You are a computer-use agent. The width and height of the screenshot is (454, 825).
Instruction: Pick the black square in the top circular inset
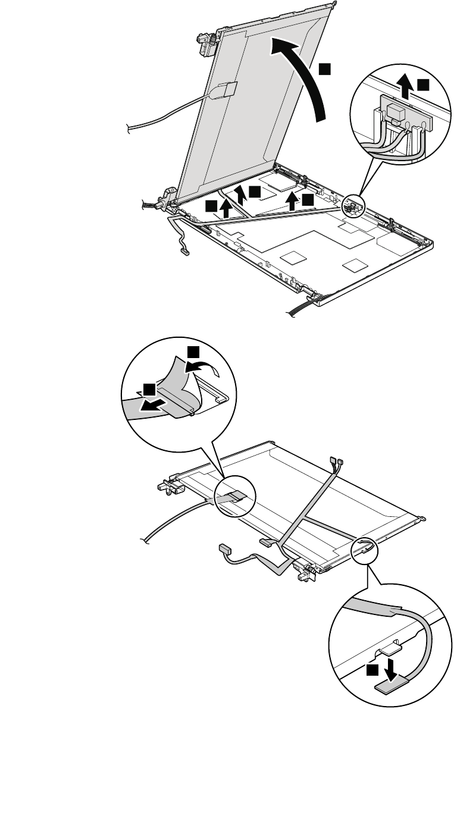pos(422,85)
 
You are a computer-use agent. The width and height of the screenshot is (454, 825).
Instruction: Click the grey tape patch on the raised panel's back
pos(227,89)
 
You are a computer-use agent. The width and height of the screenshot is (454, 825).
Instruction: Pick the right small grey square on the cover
pos(355,263)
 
